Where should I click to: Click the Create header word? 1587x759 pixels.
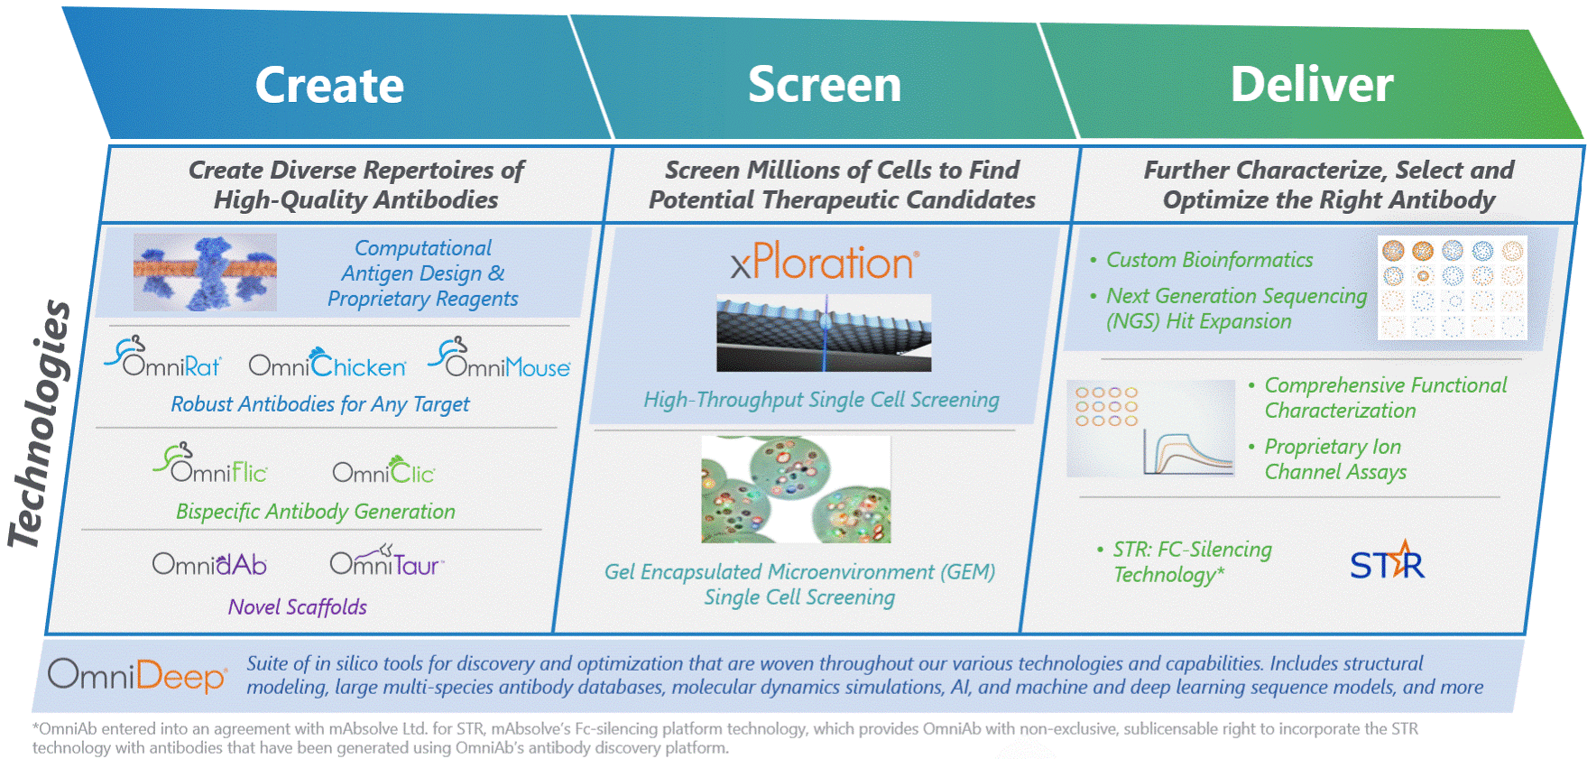click(329, 86)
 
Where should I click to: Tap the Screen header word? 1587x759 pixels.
click(824, 85)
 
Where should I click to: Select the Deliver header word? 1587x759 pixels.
click(1311, 85)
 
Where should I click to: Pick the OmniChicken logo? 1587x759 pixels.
click(327, 363)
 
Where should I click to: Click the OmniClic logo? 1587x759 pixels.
click(383, 469)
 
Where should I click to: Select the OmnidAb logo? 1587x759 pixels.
click(209, 564)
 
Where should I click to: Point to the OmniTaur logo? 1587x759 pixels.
click(386, 561)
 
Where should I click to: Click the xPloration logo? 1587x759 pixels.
click(825, 263)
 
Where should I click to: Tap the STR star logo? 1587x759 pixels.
click(1387, 562)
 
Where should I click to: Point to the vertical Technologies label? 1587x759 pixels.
click(41, 424)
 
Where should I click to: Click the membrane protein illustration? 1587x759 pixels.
click(205, 273)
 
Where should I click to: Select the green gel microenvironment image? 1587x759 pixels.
click(796, 490)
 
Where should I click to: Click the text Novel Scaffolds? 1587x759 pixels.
click(298, 607)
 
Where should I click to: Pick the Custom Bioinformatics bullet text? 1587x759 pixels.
click(1209, 260)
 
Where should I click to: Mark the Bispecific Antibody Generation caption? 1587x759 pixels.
click(316, 512)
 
